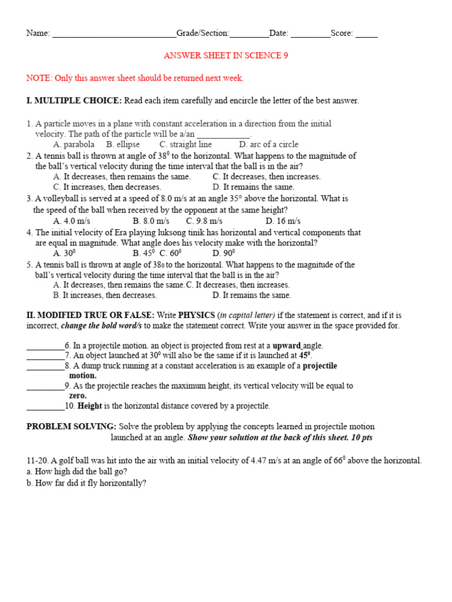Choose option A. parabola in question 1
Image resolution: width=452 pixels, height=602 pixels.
[x=74, y=144]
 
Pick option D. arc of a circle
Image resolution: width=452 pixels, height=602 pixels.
[x=268, y=144]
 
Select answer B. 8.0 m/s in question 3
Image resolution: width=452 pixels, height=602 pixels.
[x=151, y=221]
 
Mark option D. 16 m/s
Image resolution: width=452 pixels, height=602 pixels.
[x=283, y=221]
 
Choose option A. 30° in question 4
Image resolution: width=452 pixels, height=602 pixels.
[x=65, y=253]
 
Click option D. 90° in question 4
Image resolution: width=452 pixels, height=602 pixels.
[x=224, y=253]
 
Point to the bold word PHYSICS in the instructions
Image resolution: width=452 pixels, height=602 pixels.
[x=197, y=316]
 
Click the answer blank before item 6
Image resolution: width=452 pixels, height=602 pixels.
[x=45, y=347]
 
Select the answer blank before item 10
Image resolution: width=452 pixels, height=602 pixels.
[x=45, y=407]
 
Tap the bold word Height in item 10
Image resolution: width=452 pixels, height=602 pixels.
[x=90, y=406]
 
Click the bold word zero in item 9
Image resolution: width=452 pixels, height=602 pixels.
[x=78, y=396]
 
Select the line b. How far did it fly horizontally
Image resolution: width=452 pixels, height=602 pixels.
[x=87, y=483]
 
